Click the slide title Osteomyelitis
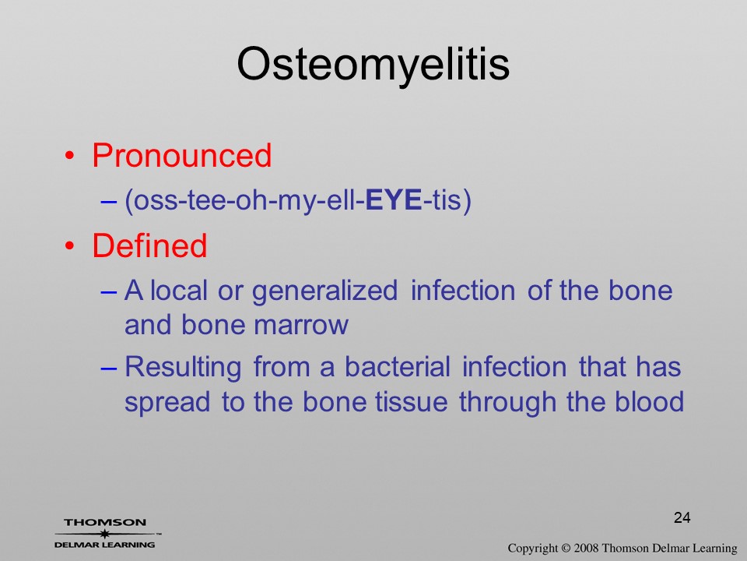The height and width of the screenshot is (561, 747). pos(373,65)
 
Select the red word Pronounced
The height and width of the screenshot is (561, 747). pos(181,155)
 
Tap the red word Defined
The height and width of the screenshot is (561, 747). pos(149,245)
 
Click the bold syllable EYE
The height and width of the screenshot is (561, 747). pos(394,199)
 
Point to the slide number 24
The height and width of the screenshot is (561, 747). pos(682,517)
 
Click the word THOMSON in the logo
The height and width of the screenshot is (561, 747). pos(105,522)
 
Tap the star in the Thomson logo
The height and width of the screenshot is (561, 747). pos(104,534)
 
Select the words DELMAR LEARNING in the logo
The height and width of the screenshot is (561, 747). pos(105,545)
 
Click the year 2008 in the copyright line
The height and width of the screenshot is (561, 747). pos(586,548)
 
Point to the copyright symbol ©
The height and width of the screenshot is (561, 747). pos(566,548)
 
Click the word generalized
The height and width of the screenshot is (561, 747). pos(324,291)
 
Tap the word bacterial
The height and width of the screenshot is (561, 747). pos(398,367)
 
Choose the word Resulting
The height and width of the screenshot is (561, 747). pos(183,368)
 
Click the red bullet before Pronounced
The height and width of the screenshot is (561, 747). pos(70,156)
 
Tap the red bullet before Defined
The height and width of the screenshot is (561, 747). pos(70,245)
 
